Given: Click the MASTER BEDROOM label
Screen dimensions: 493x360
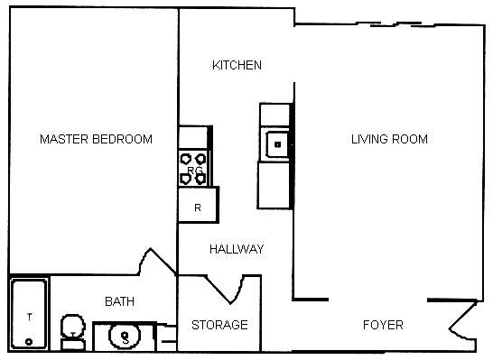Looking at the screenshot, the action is tap(97, 139).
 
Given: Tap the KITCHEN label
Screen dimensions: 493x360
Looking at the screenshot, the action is tap(237, 65).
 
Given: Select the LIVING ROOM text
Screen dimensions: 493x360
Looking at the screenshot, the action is tap(389, 139).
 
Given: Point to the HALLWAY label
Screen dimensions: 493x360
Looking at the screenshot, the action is tap(237, 249).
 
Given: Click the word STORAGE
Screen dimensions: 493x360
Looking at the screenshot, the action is tap(219, 325).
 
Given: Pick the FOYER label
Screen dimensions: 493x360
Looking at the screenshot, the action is tap(383, 325).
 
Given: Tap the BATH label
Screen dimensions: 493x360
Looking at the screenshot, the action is tap(119, 301).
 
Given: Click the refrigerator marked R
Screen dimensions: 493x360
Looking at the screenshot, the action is tap(198, 205).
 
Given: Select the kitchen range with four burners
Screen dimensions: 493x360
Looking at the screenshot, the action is tap(193, 169).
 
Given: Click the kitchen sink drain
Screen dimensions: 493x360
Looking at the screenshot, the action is tap(277, 144).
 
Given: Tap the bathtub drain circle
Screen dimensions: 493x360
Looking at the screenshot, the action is tap(29, 341).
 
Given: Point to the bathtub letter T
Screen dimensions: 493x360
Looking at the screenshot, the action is tap(30, 317).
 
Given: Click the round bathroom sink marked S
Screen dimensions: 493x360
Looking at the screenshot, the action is tap(125, 336).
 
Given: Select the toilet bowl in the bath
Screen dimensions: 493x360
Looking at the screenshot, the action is tap(73, 326).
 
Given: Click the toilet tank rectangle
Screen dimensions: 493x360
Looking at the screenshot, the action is tap(73, 345).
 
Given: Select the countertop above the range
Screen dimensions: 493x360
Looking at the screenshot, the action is tap(193, 137).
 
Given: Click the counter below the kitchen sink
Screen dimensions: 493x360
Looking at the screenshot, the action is tap(274, 185).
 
